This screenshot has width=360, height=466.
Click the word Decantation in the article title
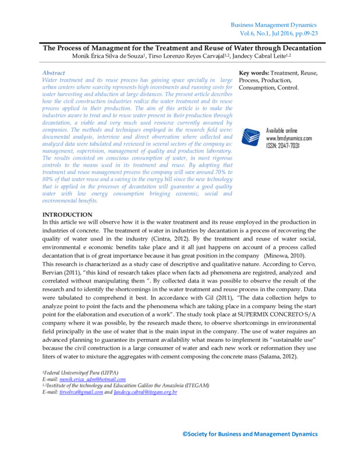pos(294,47)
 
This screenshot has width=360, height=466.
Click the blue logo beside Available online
pos(250,136)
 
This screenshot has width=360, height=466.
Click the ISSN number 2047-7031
pos(291,146)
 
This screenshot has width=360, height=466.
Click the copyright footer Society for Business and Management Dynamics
pos(250,434)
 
